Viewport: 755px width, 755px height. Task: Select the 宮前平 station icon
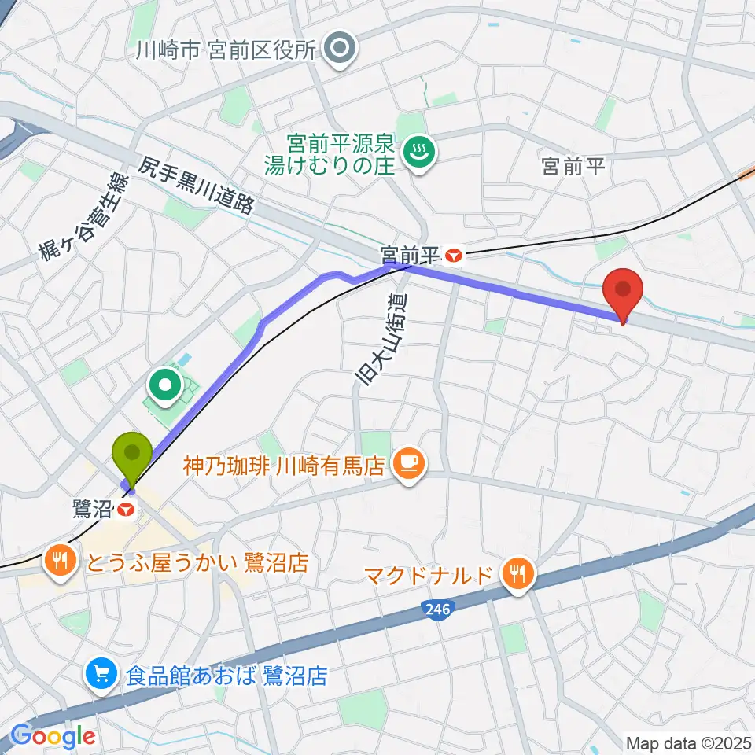click(x=455, y=255)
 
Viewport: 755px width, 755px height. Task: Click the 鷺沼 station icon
click(x=125, y=510)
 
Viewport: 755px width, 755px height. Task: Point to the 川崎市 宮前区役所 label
click(x=225, y=51)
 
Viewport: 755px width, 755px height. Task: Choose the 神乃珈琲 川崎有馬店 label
click(x=283, y=466)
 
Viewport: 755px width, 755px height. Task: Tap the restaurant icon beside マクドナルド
click(x=517, y=573)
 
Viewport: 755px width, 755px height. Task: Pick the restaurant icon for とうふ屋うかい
click(x=61, y=562)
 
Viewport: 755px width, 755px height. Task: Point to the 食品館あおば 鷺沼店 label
click(x=226, y=676)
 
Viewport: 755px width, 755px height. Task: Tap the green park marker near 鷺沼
click(x=168, y=385)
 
